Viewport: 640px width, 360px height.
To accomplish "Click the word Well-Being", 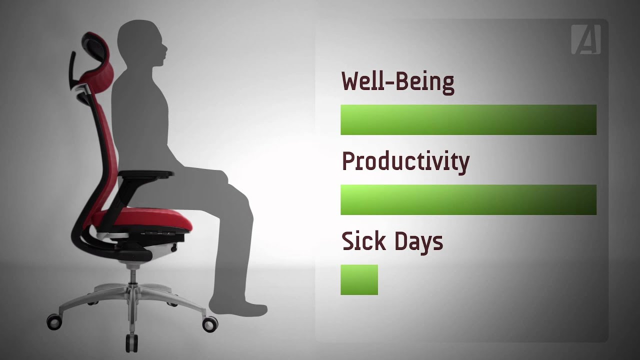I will coord(397,81).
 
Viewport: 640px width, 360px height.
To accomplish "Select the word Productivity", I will coord(405,162).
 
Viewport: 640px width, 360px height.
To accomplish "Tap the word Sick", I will coord(363,241).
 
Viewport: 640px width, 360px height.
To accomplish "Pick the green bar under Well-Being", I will coord(468,119).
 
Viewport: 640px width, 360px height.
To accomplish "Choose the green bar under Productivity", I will coord(468,199).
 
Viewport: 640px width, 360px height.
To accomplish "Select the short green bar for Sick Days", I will coord(359,279).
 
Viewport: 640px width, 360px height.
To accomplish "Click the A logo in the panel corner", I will coord(586,39).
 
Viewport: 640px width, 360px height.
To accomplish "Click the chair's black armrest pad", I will coord(147,174).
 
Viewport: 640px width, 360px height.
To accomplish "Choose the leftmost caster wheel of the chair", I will coord(53,321).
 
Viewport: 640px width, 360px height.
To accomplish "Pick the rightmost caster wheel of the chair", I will coord(210,323).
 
